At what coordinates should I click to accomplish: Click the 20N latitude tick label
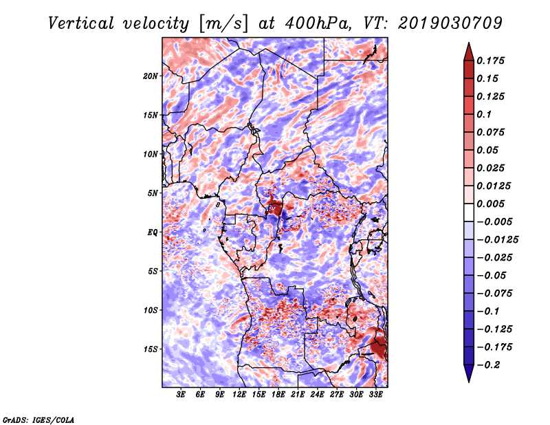click(151, 76)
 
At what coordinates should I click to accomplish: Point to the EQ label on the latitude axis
click(152, 232)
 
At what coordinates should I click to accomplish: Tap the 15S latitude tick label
click(151, 349)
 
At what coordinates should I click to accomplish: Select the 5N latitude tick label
click(153, 193)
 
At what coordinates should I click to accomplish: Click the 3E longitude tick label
click(181, 394)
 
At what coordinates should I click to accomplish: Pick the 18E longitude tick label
click(278, 394)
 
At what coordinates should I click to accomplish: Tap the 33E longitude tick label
click(375, 394)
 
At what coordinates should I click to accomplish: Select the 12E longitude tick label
click(239, 394)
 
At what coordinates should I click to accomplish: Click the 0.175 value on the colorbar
click(490, 61)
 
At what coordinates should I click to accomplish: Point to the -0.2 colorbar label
click(488, 365)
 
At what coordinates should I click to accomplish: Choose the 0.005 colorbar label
click(490, 204)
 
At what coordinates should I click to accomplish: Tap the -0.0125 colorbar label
click(497, 240)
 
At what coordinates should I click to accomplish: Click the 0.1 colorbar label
click(484, 114)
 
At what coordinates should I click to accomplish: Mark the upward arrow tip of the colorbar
click(469, 43)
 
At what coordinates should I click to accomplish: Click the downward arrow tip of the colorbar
click(469, 382)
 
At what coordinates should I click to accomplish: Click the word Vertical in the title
click(81, 23)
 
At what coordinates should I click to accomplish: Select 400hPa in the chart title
click(318, 23)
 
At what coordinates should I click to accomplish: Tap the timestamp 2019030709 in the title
click(450, 23)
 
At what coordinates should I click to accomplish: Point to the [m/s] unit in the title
click(223, 24)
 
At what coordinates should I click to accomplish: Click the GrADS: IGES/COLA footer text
click(38, 419)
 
